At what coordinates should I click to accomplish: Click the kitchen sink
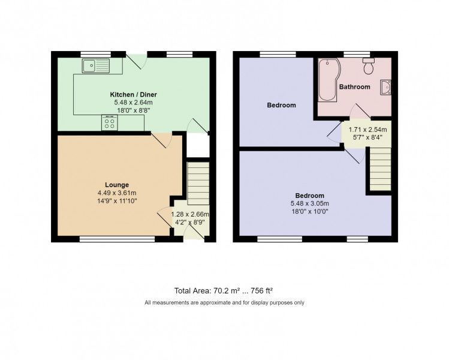click(x=96, y=64)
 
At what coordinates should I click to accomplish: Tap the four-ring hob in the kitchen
click(x=110, y=124)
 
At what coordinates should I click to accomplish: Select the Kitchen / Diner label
click(x=132, y=95)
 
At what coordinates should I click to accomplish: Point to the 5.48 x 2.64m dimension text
click(x=132, y=103)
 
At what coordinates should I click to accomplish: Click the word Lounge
click(x=117, y=185)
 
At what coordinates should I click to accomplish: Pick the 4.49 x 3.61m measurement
click(x=117, y=193)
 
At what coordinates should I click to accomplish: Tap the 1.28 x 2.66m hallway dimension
click(x=189, y=214)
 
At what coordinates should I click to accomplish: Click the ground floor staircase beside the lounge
click(x=198, y=183)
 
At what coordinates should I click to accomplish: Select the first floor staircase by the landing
click(x=379, y=169)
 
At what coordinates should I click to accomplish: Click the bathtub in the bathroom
click(x=329, y=80)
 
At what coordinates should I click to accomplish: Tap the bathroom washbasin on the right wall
click(x=385, y=88)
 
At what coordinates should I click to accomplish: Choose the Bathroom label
click(x=354, y=87)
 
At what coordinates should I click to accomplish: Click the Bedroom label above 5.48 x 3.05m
click(x=309, y=196)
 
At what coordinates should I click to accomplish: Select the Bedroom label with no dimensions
click(x=281, y=106)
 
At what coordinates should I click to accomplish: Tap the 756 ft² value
click(x=263, y=290)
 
